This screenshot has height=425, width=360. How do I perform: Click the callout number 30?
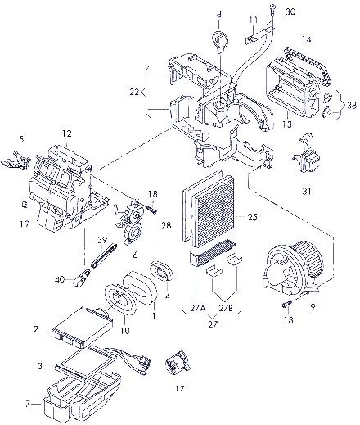pos(290,11)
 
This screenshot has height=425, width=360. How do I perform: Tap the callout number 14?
pos(306,39)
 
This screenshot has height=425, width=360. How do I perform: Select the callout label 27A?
pos(198,309)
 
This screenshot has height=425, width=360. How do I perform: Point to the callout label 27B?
pos(226,309)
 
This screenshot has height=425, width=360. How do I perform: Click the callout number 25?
pos(253,217)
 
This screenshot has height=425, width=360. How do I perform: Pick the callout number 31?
pos(307,192)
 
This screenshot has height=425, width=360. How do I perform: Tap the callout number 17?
pos(180,388)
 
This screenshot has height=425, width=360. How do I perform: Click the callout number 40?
pos(61,279)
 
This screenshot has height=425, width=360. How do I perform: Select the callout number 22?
pos(134,92)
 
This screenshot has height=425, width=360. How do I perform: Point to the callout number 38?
pos(352,105)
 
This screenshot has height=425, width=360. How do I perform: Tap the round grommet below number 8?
pos(220,40)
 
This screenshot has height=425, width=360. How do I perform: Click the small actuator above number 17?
pos(178,362)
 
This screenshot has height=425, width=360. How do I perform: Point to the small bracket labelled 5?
pos(16,161)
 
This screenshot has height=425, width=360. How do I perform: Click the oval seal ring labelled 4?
pos(161,270)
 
